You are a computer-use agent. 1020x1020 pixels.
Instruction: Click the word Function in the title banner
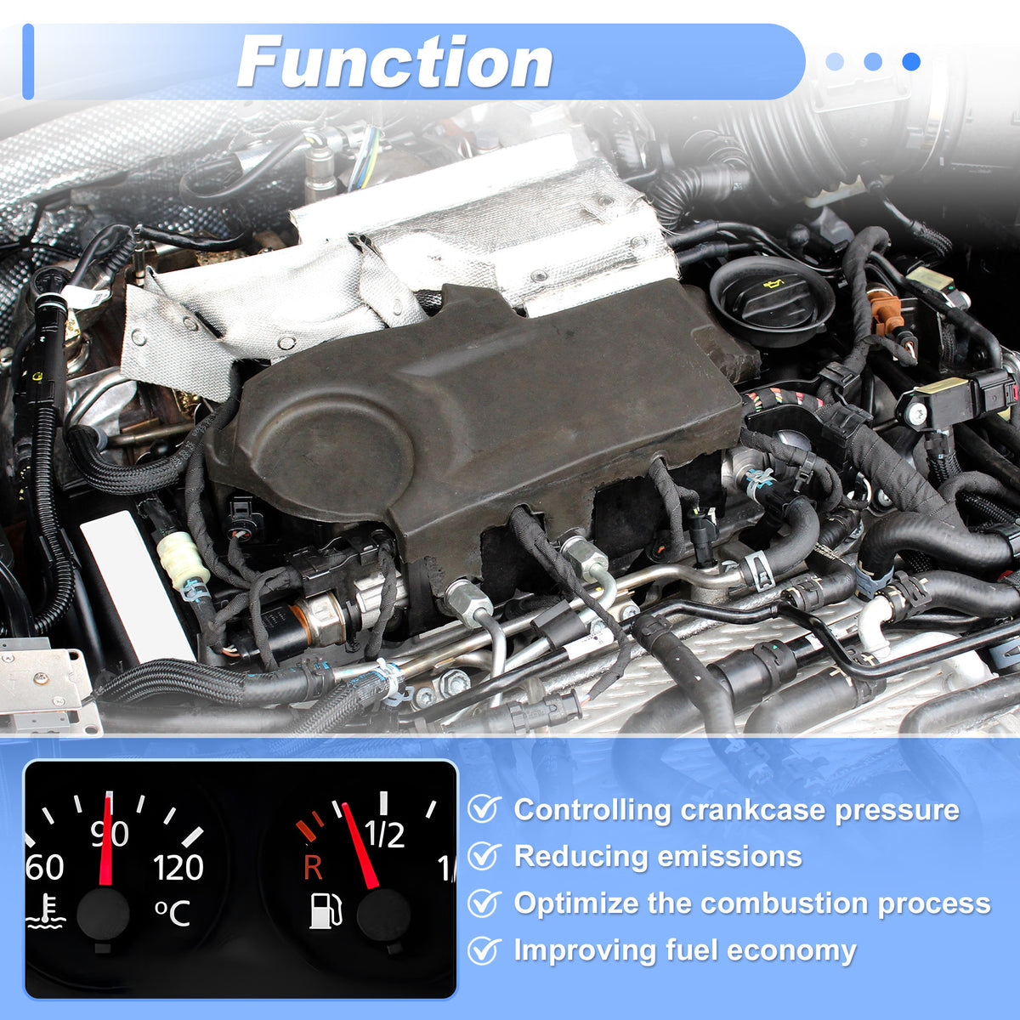click(395, 62)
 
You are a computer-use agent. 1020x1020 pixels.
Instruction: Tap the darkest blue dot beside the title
click(911, 61)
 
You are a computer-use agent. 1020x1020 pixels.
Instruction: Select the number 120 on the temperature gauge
click(178, 867)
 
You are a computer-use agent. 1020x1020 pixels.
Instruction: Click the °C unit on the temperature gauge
click(173, 913)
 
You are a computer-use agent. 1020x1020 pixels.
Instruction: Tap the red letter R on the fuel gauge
click(313, 868)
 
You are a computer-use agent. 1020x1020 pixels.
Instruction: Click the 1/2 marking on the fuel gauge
click(384, 835)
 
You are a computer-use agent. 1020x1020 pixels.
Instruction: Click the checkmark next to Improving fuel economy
click(484, 950)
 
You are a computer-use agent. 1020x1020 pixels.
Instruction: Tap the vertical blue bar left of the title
click(28, 61)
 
